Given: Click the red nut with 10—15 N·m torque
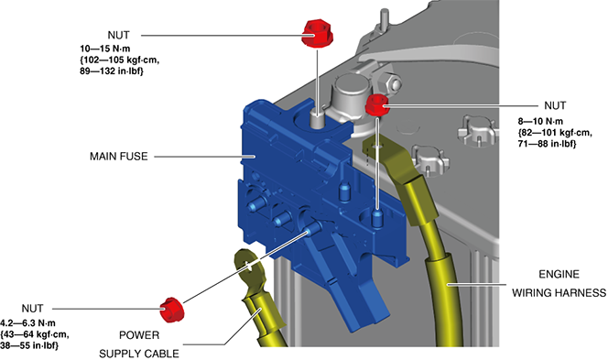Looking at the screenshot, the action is (x=317, y=33).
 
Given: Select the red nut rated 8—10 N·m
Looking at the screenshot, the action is (x=377, y=105).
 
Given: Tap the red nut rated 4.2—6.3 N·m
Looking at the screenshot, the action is (x=172, y=310).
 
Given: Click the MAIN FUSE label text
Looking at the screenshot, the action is (x=119, y=157).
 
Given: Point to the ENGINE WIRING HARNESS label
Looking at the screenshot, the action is (x=559, y=283).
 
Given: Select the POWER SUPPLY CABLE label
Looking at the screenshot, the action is (x=139, y=344).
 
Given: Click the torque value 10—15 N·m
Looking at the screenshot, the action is (x=105, y=49).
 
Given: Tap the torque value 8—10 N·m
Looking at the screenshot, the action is (x=540, y=122).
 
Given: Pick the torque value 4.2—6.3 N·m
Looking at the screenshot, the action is (x=27, y=323).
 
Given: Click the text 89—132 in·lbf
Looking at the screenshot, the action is (x=112, y=71).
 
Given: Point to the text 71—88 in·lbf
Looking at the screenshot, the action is (x=548, y=144).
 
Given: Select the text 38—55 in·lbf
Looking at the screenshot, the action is (x=29, y=345).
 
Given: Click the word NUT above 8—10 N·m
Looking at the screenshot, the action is (x=555, y=105).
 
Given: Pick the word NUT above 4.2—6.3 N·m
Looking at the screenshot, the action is (x=32, y=309).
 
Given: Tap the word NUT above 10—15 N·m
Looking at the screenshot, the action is (x=118, y=35).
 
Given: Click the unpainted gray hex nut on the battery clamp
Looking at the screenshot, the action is (x=390, y=82).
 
